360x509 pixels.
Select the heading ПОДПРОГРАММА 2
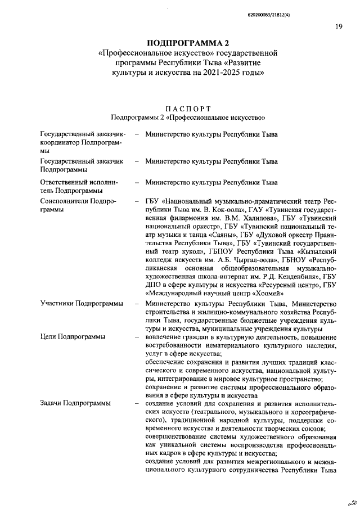click(188, 43)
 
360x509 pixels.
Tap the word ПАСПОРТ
click(188, 108)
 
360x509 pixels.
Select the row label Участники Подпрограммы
click(82, 304)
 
